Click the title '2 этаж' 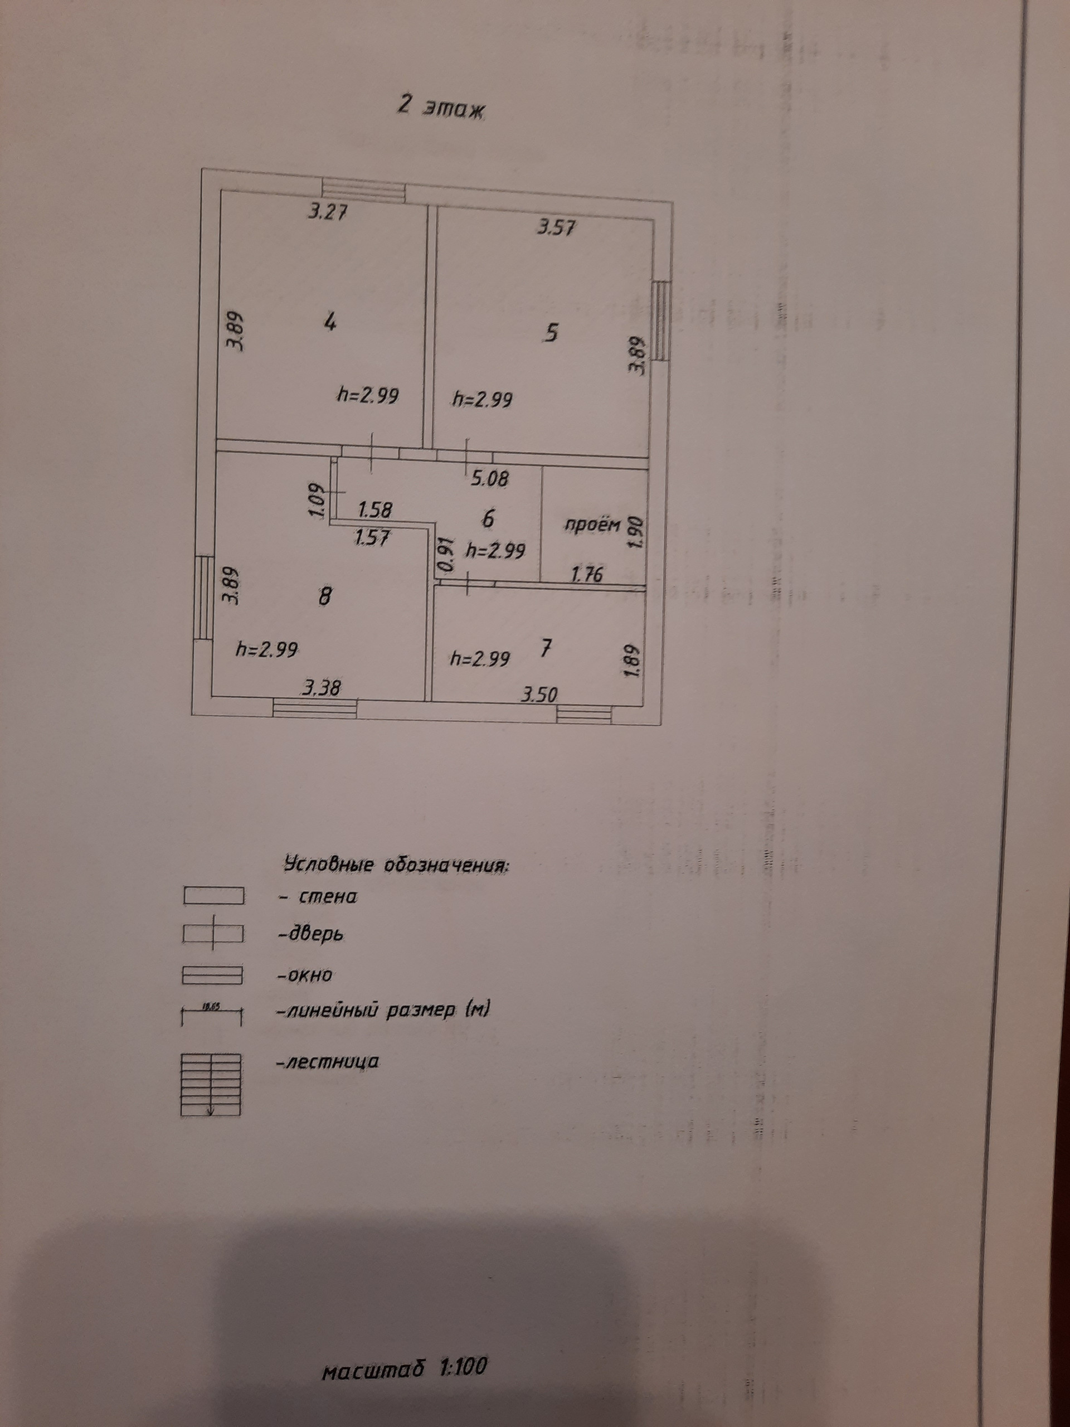click(441, 108)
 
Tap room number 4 click(330, 322)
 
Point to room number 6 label click(488, 518)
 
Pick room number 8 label click(325, 596)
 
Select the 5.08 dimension click(489, 479)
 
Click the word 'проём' click(592, 525)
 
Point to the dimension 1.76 click(587, 574)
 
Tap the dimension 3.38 click(320, 689)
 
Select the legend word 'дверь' click(310, 934)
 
